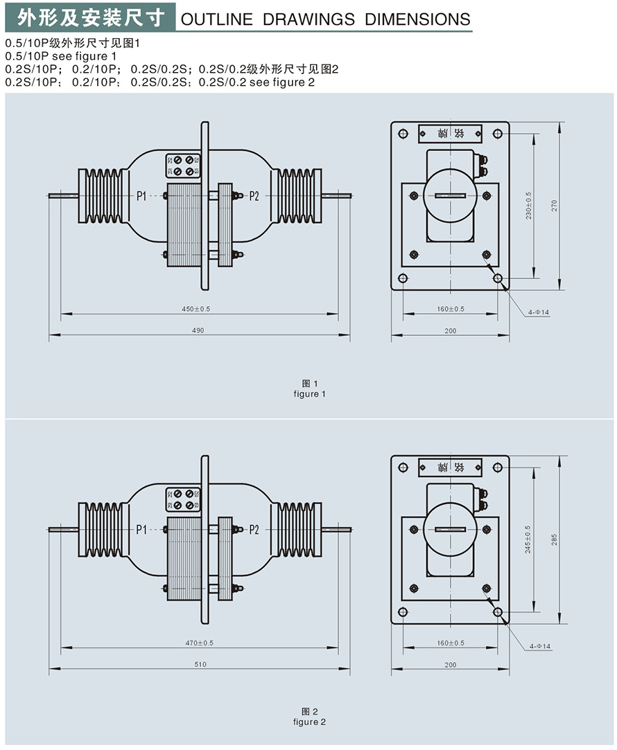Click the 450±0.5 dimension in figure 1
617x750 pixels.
tap(198, 309)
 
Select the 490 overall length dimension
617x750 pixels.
tap(198, 331)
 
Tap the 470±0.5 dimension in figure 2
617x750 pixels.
tap(198, 643)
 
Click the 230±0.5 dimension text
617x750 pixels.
tap(529, 206)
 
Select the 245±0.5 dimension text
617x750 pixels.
tap(528, 539)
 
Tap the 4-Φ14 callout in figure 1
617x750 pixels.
tap(538, 313)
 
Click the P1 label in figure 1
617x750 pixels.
tap(141, 196)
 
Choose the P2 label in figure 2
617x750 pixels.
tap(253, 530)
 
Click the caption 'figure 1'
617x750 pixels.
tap(309, 394)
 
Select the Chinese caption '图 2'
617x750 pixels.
tap(309, 711)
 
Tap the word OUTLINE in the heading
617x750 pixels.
tap(216, 19)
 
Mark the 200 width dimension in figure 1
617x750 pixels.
tap(450, 331)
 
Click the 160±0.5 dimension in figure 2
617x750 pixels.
tap(451, 643)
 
